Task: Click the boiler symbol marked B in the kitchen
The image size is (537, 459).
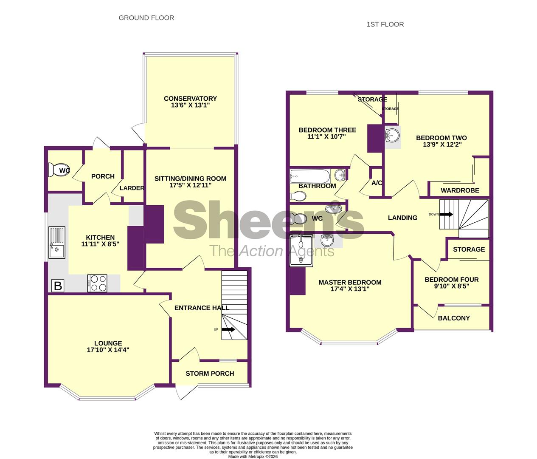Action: (x=57, y=286)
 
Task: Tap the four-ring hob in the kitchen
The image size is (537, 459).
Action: (x=97, y=283)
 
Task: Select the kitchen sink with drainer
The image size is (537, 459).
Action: (x=57, y=243)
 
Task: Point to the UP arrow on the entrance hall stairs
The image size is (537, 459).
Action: (x=228, y=329)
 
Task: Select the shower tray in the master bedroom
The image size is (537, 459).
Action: (x=301, y=250)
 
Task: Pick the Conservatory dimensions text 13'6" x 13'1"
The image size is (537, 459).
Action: (x=191, y=105)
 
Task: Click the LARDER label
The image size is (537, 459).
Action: (x=132, y=188)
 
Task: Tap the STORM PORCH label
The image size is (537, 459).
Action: (x=210, y=374)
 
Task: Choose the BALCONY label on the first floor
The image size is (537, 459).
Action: (x=454, y=318)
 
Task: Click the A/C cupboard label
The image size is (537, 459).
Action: (x=377, y=183)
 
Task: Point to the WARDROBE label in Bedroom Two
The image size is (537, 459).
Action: (x=460, y=190)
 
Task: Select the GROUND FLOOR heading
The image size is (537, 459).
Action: (x=146, y=18)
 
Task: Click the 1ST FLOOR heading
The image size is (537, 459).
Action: (x=385, y=25)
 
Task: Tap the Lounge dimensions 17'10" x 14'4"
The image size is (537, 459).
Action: (x=108, y=350)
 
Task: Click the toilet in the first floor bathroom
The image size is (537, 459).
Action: (x=298, y=196)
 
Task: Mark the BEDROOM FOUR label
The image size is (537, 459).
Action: (x=452, y=280)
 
